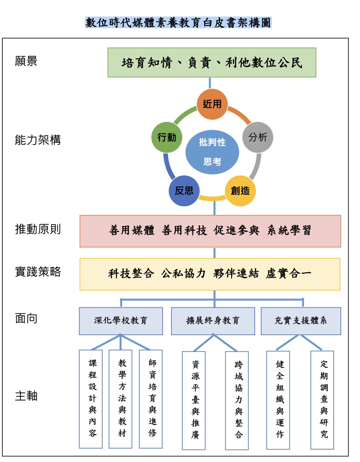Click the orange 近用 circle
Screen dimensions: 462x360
[x=212, y=104]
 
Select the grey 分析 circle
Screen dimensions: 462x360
[x=258, y=137]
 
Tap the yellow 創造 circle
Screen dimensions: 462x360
[x=240, y=191]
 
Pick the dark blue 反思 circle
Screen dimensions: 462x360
[x=184, y=191]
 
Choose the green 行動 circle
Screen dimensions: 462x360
[x=167, y=137]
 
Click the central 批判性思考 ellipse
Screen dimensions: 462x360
[x=212, y=152]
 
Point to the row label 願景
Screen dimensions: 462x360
[x=26, y=61]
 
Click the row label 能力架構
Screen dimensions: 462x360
[x=38, y=140]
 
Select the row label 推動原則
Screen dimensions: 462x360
[x=38, y=229]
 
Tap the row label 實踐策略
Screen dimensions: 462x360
[x=38, y=272]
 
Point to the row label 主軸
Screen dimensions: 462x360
[x=26, y=396]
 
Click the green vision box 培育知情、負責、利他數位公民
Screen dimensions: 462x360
[x=212, y=63]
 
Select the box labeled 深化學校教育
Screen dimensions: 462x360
[x=121, y=321]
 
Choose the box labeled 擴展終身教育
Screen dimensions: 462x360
[x=213, y=321]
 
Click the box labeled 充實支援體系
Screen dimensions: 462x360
[x=301, y=321]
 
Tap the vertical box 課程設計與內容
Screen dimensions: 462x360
[x=91, y=399]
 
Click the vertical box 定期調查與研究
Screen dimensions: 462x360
[x=322, y=400]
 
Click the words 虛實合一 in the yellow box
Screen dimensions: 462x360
[x=288, y=274]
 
